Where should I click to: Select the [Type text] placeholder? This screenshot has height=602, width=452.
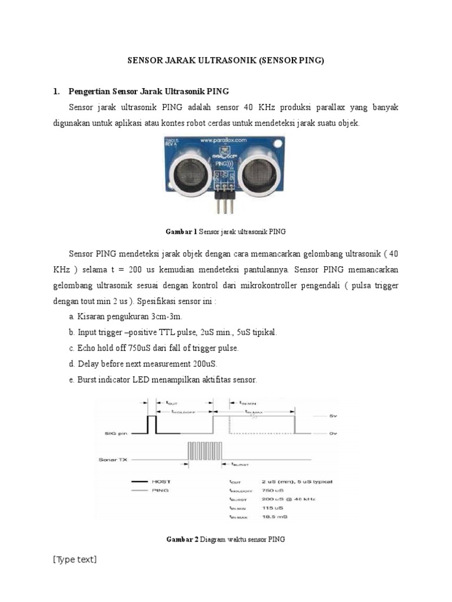pyautogui.click(x=75, y=559)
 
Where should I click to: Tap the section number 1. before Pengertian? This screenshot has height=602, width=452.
pyautogui.click(x=56, y=92)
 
